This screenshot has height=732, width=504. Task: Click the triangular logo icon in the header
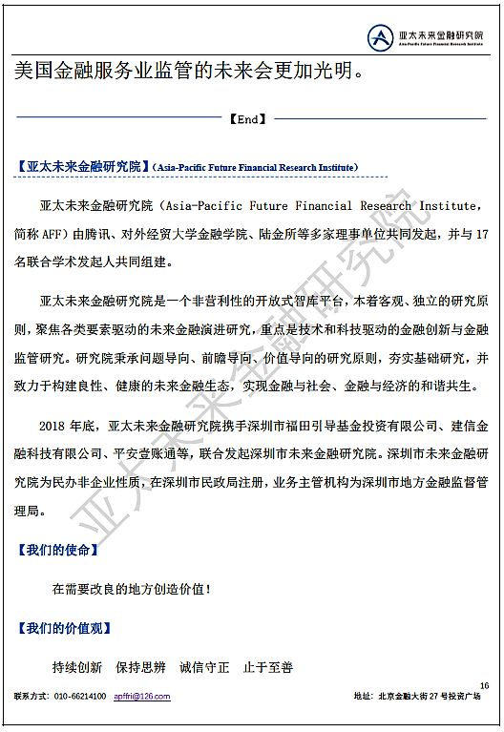point(381,37)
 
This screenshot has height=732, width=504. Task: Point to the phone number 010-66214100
point(80,697)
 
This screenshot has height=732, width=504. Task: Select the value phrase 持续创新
point(76,667)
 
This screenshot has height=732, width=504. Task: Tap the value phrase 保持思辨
point(140,667)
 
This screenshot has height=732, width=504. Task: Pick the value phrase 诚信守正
point(204,667)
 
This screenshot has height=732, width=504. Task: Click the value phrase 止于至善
point(268,667)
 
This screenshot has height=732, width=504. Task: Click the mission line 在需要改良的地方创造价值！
point(132,590)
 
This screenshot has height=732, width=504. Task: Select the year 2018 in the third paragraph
point(56,424)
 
